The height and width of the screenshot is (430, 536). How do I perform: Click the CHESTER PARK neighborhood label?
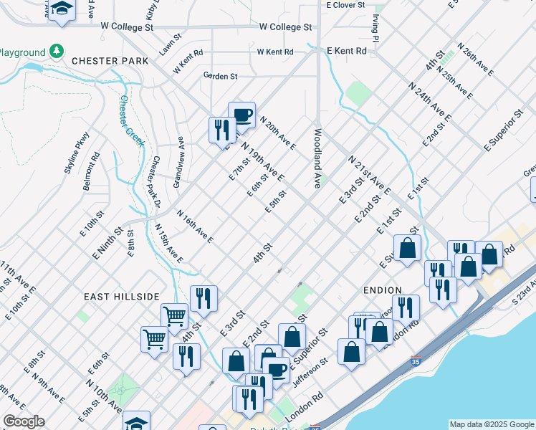110,61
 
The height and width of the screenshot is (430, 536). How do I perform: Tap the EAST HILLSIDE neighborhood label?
121,297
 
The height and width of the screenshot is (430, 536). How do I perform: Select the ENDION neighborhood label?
383,290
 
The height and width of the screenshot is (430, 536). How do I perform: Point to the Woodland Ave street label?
316,158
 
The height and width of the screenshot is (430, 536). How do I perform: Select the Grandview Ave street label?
180,163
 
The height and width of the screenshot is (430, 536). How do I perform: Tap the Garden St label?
220,75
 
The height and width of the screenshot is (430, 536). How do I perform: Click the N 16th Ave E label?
194,226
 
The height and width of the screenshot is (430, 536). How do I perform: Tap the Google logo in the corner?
24,421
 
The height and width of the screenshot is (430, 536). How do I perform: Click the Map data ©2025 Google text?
492,424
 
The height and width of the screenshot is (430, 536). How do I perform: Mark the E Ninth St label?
108,243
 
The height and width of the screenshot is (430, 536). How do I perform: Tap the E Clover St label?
348,4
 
